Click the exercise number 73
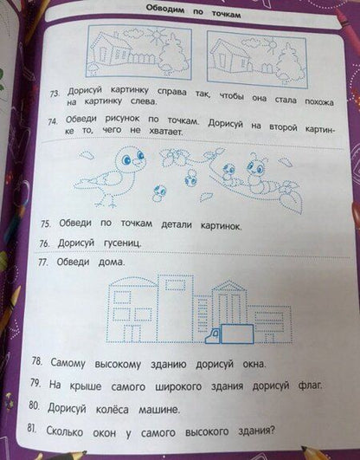(54, 94)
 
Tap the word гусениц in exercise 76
(123, 243)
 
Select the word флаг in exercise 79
(309, 385)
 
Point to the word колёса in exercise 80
(112, 409)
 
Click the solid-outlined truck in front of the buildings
(229, 334)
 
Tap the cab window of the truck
(215, 333)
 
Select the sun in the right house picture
(270, 44)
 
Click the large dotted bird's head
(130, 160)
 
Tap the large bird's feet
(106, 202)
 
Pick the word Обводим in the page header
(165, 9)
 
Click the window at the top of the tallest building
(175, 285)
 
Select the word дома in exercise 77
(112, 261)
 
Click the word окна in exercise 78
(254, 364)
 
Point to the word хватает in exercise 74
(165, 131)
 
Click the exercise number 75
(46, 224)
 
